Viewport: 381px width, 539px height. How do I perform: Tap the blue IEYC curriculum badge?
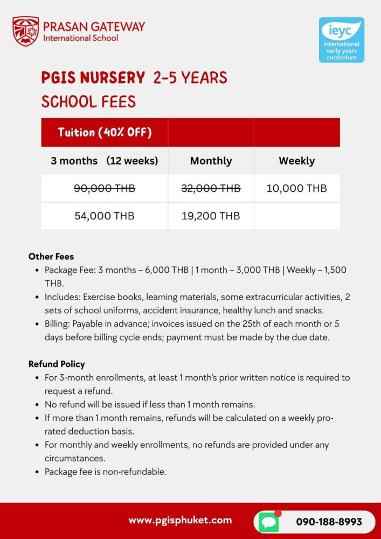click(x=341, y=40)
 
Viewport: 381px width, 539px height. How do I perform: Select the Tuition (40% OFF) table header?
click(x=105, y=133)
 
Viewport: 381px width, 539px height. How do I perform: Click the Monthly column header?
click(x=211, y=161)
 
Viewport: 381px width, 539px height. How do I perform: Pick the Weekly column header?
click(x=296, y=161)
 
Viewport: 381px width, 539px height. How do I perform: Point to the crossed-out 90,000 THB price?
click(x=105, y=188)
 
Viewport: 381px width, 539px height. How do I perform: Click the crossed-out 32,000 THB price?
click(x=211, y=188)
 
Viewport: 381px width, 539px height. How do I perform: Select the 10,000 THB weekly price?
click(x=296, y=188)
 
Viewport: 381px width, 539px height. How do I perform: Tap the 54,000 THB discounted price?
click(x=105, y=216)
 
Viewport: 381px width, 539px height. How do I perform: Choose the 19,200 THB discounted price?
click(x=211, y=216)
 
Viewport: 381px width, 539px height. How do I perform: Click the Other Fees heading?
click(x=51, y=257)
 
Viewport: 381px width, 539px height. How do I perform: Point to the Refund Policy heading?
click(x=57, y=364)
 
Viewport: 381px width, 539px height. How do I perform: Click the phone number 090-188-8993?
click(x=329, y=522)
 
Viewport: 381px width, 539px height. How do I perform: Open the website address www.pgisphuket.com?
click(x=180, y=520)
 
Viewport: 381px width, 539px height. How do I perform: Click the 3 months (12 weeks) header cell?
click(x=105, y=161)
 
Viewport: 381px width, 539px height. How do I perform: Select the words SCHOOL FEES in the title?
click(x=88, y=101)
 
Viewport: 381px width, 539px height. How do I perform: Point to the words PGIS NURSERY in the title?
click(x=93, y=78)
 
